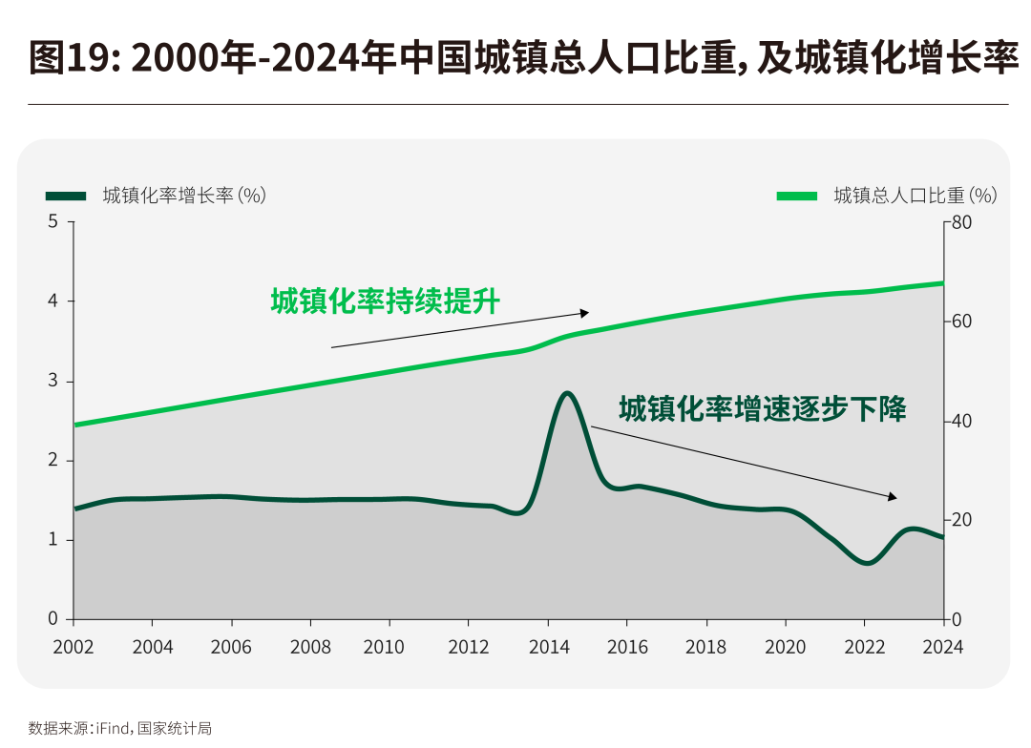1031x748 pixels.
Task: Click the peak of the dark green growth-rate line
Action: [x=567, y=393]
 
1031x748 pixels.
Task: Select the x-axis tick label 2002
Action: [x=74, y=648]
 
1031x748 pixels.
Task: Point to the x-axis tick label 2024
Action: [x=943, y=648]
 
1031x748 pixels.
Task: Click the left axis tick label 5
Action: [x=53, y=222]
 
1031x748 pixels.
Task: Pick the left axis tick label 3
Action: [x=53, y=382]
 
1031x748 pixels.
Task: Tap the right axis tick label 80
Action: [x=961, y=222]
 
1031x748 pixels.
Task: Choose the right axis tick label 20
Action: [x=961, y=521]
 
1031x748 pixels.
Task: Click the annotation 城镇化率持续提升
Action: [x=385, y=301]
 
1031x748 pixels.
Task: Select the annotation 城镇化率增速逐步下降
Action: [x=762, y=409]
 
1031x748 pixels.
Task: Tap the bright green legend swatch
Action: [x=797, y=196]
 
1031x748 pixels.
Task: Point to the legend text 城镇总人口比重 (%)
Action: [x=915, y=196]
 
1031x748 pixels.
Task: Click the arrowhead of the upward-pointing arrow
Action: [x=585, y=312]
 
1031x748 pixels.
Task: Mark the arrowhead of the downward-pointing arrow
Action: [x=893, y=496]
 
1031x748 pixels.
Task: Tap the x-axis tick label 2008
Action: [x=310, y=648]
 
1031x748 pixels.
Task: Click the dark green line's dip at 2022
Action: [x=866, y=563]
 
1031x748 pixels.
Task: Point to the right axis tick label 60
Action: [x=961, y=322]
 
